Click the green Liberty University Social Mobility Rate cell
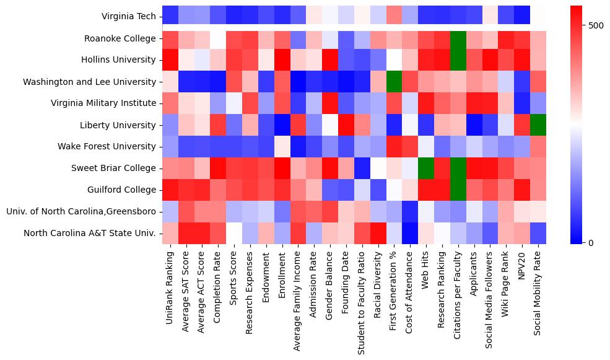point(539,125)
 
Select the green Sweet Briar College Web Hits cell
point(426,168)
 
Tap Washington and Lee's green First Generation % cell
point(394,81)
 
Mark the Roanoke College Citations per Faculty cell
point(458,38)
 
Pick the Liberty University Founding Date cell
point(346,125)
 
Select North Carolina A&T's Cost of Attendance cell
point(410,233)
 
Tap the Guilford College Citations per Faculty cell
point(458,190)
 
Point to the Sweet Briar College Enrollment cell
point(282,168)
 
